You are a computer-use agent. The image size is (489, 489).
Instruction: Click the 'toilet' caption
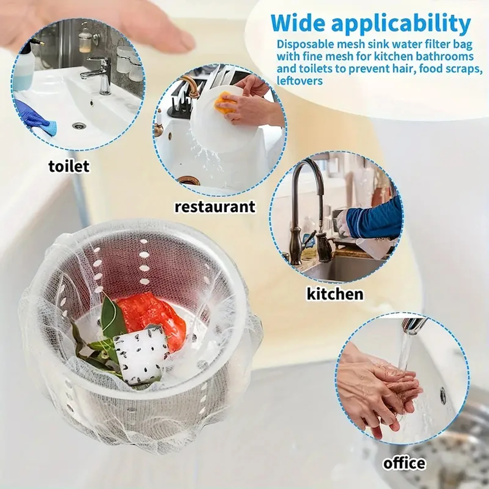pyautogui.click(x=68, y=166)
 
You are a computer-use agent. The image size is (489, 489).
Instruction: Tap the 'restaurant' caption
pyautogui.click(x=215, y=206)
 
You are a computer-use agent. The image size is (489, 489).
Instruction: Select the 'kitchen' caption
pyautogui.click(x=335, y=293)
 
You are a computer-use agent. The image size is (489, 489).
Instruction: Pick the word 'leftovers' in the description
pyautogui.click(x=300, y=80)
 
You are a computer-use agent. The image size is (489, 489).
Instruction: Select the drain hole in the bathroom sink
pyautogui.click(x=77, y=127)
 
